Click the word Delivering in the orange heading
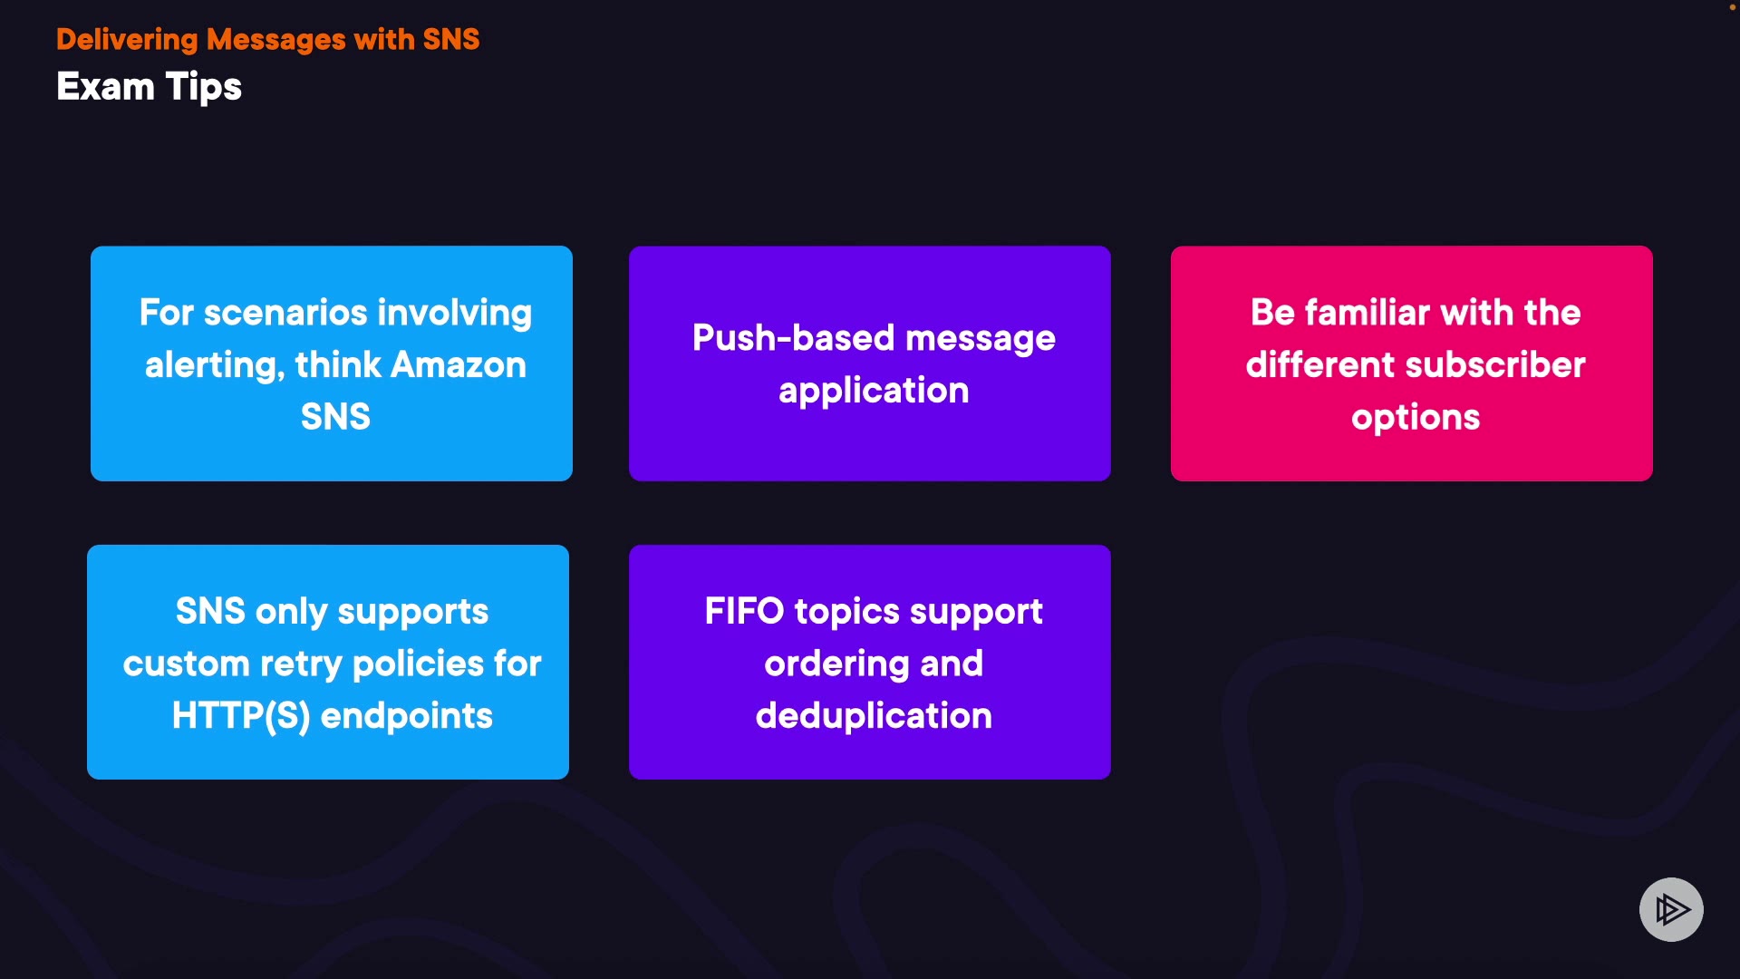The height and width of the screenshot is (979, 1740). pyautogui.click(x=127, y=40)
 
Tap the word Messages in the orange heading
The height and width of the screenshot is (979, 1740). pyautogui.click(x=276, y=40)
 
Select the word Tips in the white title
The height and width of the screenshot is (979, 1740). pyautogui.click(x=204, y=87)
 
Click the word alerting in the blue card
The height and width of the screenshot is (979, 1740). pyautogui.click(x=214, y=365)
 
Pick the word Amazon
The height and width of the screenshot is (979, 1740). pyautogui.click(x=459, y=365)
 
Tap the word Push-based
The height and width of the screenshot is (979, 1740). pyautogui.click(x=794, y=338)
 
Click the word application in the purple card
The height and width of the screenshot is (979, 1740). pyautogui.click(x=874, y=391)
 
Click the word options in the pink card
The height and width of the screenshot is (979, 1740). pyautogui.click(x=1416, y=418)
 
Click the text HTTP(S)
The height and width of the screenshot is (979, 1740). pyautogui.click(x=241, y=716)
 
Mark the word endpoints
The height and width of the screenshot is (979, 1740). pyautogui.click(x=407, y=716)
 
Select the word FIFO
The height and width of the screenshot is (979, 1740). pyautogui.click(x=744, y=612)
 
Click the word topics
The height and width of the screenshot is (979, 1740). pyautogui.click(x=847, y=612)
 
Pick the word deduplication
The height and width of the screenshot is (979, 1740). pyautogui.click(x=874, y=716)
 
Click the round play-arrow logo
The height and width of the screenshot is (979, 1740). pyautogui.click(x=1671, y=909)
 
